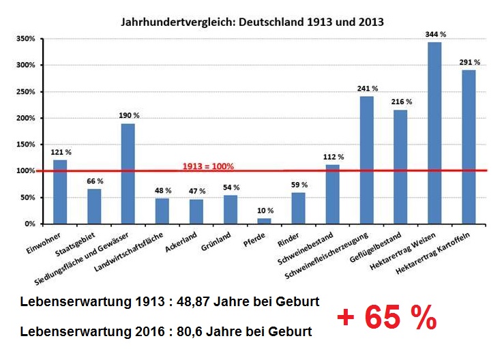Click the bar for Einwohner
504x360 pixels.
[60, 192]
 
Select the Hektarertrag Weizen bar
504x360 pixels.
[434, 133]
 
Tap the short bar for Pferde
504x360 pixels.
[264, 220]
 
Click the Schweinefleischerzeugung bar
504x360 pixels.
[366, 160]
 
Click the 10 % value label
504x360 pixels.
[265, 211]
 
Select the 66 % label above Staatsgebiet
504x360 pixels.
[95, 181]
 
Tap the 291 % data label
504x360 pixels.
[469, 62]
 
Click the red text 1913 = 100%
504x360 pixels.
[209, 166]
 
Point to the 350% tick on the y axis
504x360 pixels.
[26, 39]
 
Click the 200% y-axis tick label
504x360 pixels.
[26, 118]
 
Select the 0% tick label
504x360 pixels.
[30, 224]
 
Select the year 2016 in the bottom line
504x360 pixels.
[130, 332]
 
